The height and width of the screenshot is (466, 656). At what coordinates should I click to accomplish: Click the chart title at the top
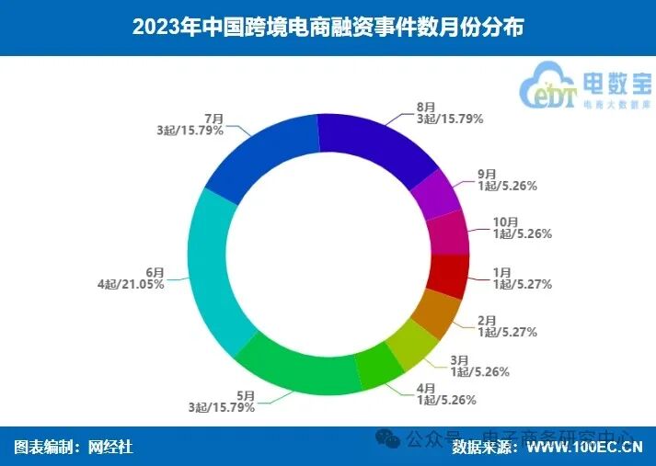[328, 27]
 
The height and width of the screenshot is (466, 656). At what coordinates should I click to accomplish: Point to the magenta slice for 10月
[449, 233]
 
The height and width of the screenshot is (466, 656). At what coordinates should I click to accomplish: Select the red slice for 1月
[449, 276]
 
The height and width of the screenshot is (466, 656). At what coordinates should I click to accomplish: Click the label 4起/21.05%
[131, 285]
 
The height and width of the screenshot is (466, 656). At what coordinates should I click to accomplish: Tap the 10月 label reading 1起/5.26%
[521, 233]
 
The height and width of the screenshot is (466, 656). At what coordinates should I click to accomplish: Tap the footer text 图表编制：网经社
[74, 448]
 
